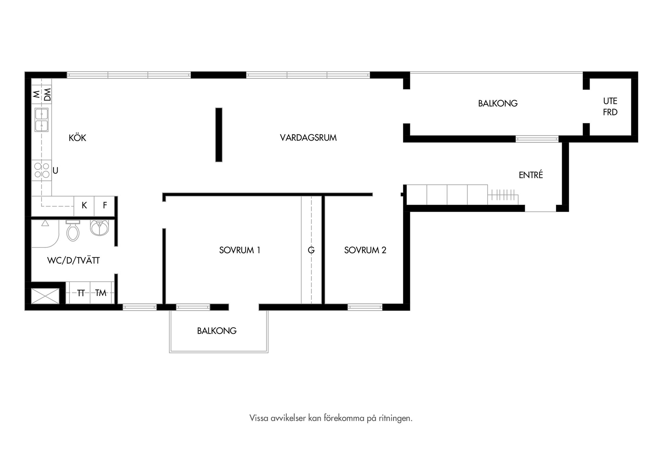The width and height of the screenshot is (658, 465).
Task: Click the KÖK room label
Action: [77, 138]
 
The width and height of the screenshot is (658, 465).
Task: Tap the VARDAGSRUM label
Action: [308, 138]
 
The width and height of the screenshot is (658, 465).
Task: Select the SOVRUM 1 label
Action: [240, 250]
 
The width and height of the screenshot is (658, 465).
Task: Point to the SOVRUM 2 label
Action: [365, 250]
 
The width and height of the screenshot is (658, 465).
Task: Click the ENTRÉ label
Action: [531, 175]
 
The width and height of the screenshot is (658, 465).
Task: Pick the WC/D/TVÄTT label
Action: [73, 260]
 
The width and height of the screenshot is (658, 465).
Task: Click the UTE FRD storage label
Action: [610, 107]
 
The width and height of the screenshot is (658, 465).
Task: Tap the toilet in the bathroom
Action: [73, 231]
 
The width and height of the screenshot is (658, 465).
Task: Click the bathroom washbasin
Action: [99, 228]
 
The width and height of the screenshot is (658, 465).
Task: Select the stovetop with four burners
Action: [42, 170]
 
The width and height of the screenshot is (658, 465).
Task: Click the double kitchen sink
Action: [41, 120]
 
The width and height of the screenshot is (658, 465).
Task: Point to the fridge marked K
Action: [84, 206]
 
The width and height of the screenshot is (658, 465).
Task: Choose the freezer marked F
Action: [105, 206]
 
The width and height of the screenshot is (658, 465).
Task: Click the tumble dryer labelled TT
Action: [80, 293]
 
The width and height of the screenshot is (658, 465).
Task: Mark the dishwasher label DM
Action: [47, 95]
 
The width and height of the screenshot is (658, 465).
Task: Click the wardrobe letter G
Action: [311, 250]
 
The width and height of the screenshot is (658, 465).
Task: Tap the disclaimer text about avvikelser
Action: [331, 418]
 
